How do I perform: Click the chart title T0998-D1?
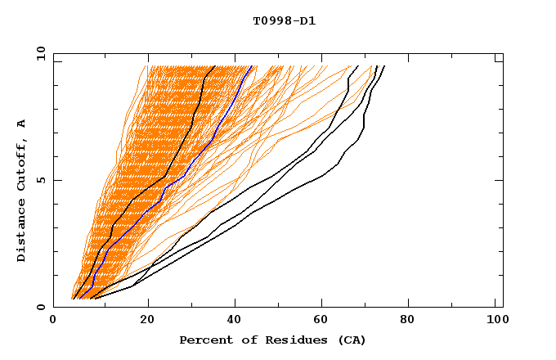click(284, 21)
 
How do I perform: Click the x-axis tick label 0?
click(53, 321)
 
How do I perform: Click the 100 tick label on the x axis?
click(495, 321)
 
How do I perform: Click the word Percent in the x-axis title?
click(202, 340)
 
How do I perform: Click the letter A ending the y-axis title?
click(21, 123)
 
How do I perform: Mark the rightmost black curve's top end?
click(384, 66)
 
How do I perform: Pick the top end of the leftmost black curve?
click(214, 66)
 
